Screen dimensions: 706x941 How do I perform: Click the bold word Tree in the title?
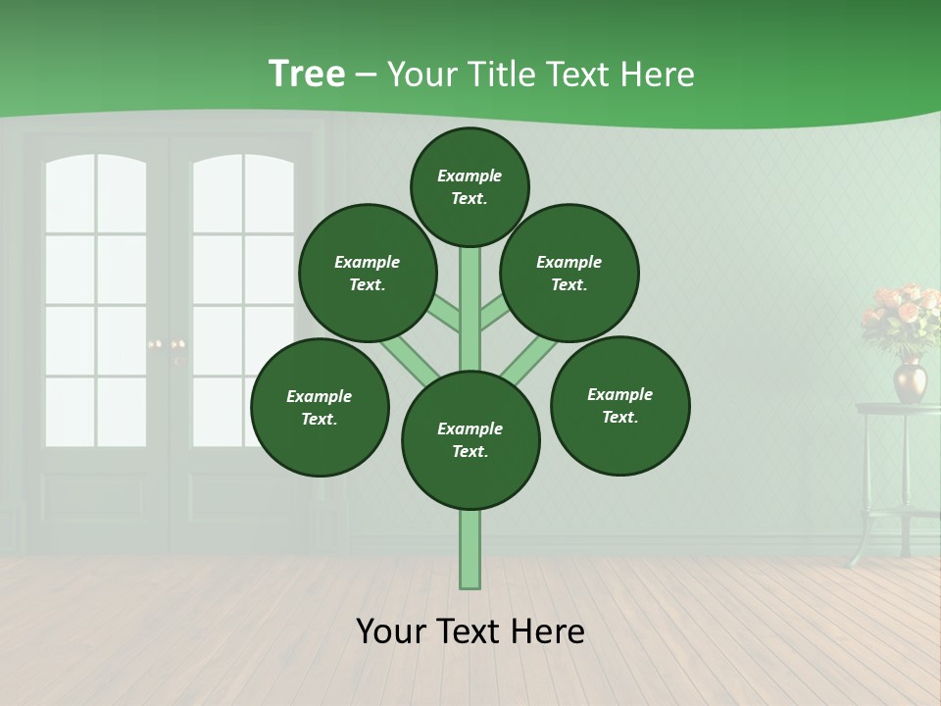[x=306, y=74]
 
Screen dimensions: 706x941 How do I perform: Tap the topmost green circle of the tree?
[x=470, y=186]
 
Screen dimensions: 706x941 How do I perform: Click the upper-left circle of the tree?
[x=368, y=273]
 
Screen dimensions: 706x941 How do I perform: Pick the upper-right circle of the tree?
[x=570, y=273]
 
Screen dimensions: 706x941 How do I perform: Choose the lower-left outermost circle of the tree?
[x=320, y=407]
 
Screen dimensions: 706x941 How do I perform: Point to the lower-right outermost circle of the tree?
[x=619, y=405]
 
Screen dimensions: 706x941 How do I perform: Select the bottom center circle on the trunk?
[x=470, y=440]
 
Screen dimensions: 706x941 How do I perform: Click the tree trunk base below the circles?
[x=470, y=549]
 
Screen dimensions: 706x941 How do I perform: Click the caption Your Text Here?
[x=470, y=630]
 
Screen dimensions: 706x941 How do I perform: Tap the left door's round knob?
[x=154, y=344]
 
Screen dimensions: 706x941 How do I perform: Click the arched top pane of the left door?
[x=96, y=191]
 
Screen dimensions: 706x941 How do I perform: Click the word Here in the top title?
[x=660, y=75]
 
